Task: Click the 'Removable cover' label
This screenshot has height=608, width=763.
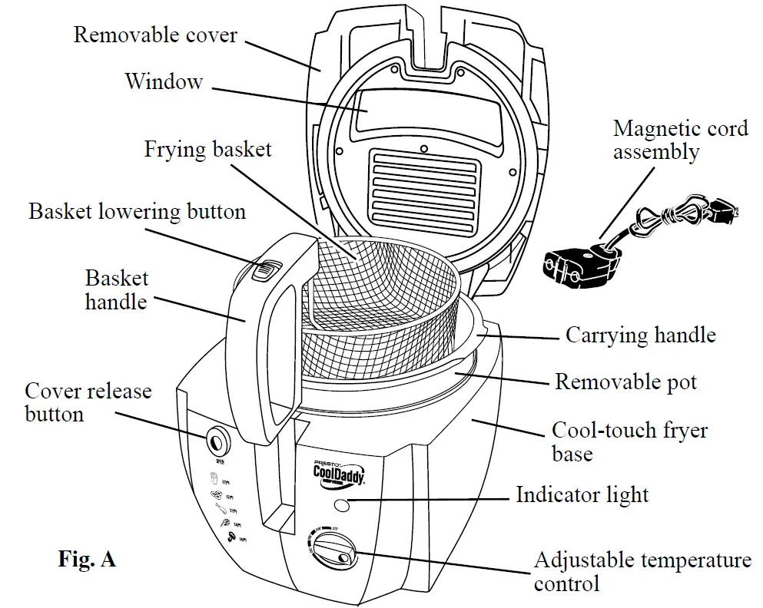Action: tap(155, 35)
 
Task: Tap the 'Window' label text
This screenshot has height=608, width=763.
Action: tap(164, 81)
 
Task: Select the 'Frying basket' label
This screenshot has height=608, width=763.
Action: tap(208, 148)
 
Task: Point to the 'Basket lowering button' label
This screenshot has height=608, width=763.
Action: tap(138, 211)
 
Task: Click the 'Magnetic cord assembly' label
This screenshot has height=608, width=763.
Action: tap(680, 139)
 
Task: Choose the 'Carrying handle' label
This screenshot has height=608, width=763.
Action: tap(640, 335)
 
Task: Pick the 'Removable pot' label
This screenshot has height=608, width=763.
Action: tap(625, 382)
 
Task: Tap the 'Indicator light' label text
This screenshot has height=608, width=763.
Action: tap(582, 494)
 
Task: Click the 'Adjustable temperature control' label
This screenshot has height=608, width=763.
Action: tap(642, 571)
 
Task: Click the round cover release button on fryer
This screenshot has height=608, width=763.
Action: tap(217, 441)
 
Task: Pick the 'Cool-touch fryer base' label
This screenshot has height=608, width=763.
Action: tap(629, 441)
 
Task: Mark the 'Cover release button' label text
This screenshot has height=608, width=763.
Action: tap(88, 402)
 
